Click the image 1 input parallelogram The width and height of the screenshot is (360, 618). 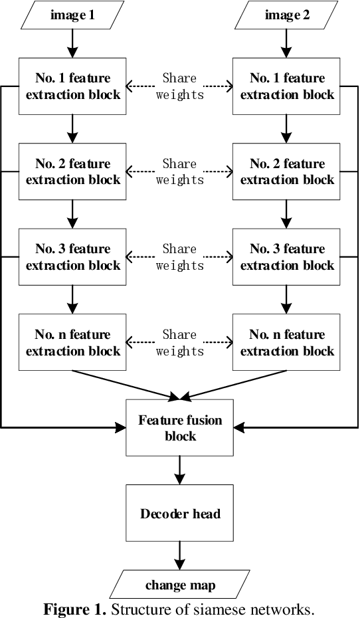73,15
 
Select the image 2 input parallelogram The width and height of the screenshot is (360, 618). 286,15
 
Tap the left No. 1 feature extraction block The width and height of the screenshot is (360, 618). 73,86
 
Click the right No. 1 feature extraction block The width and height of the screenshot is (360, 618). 287,86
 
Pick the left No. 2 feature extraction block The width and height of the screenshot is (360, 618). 73,171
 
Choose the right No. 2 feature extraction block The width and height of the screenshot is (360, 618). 287,171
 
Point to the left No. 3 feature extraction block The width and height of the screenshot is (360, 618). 73,257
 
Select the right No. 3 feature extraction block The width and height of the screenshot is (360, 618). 287,257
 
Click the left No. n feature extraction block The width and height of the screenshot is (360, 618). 73,342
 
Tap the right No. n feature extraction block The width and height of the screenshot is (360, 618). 287,342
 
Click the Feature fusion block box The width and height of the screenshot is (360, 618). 180,428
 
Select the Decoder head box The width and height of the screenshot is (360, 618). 180,513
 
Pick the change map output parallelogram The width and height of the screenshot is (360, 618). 180,585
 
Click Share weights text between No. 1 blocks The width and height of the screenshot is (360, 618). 180,86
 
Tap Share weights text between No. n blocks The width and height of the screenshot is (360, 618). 180,342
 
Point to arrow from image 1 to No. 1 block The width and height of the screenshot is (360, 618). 73,44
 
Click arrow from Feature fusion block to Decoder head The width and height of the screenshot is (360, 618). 180,470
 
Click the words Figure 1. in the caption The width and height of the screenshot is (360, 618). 74,609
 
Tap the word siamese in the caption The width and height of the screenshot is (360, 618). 219,609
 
